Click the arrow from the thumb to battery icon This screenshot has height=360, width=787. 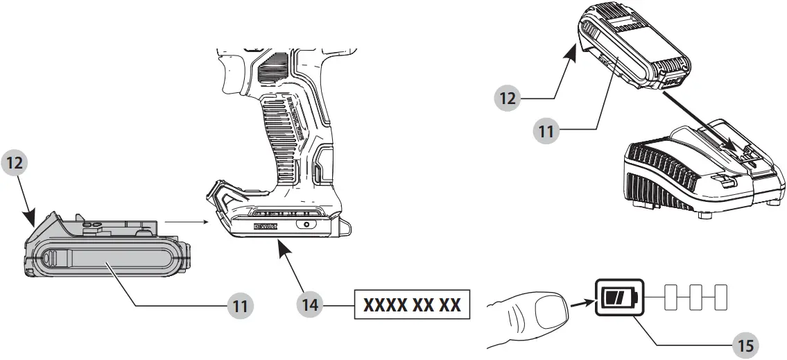pos(581,302)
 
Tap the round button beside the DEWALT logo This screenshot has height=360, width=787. pos(302,225)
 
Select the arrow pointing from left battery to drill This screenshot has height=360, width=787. pos(187,223)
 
